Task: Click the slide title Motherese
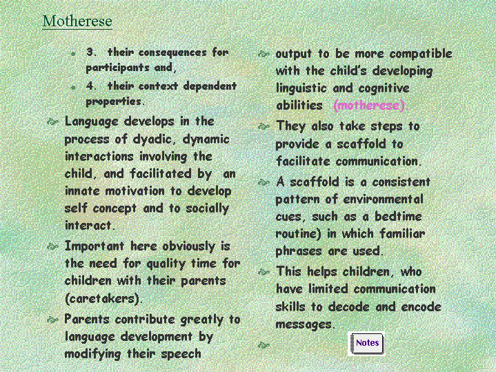77,21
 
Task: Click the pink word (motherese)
369,106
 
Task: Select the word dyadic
152,139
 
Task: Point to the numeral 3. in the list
92,52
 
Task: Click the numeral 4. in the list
92,86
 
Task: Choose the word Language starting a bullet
92,122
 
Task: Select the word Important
95,246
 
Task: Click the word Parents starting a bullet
87,319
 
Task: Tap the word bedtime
398,217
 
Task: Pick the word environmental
383,199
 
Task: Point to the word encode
421,307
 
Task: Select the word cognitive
384,88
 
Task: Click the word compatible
421,54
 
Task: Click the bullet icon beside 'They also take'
264,126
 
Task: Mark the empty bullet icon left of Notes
264,345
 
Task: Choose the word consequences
172,52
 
